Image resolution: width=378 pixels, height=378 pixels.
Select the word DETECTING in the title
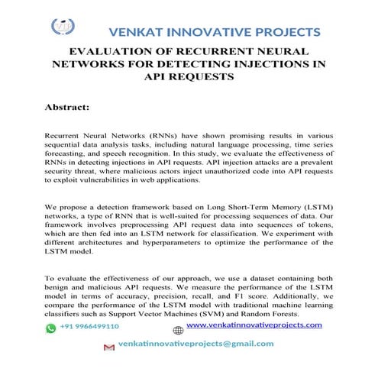click(213, 65)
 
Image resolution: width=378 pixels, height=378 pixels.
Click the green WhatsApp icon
click(50, 327)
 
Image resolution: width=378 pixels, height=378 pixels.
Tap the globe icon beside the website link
click(178, 331)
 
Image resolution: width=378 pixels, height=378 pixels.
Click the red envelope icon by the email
click(108, 345)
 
